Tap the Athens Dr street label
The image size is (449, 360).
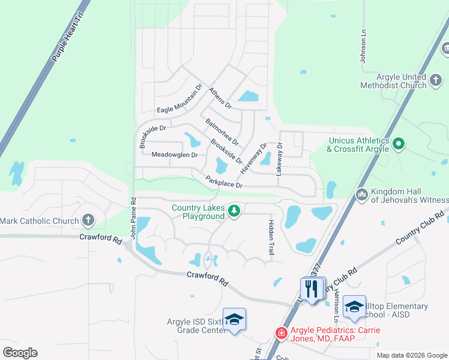coord(220,98)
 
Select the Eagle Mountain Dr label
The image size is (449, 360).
coord(180,110)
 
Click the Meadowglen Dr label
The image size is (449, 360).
coord(175,155)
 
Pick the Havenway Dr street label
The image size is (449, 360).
coord(253,158)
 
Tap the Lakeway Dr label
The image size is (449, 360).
coord(279,158)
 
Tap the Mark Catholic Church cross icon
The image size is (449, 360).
coord(88,221)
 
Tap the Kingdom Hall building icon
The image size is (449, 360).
coord(361,194)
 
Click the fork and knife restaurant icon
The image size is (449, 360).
coord(311,289)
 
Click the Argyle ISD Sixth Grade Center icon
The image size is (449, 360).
coord(234,318)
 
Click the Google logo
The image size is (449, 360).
coord(20,352)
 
